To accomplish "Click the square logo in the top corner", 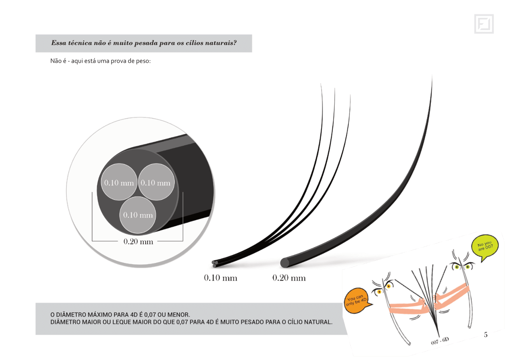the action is click(484, 24).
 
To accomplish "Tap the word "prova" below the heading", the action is click(118, 61).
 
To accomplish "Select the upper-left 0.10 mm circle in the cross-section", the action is click(119, 182).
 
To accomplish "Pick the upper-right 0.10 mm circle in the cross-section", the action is click(156, 182).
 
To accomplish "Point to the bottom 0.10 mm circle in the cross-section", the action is click(138, 214).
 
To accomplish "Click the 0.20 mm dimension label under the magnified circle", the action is click(138, 241).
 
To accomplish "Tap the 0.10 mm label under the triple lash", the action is click(220, 278).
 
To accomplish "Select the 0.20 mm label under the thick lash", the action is click(289, 278).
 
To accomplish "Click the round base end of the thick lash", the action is click(285, 262).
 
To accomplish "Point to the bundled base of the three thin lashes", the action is click(215, 263).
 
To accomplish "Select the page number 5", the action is click(486, 334).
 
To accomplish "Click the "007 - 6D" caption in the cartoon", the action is click(440, 340).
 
